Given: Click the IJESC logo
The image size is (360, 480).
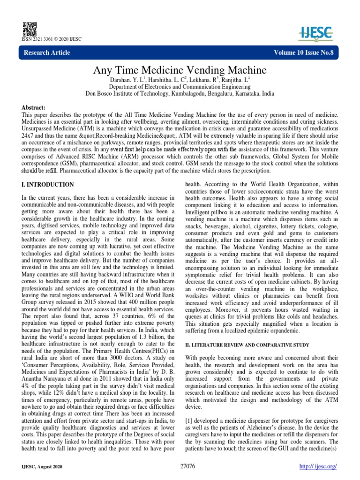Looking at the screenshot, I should click(318, 31).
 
